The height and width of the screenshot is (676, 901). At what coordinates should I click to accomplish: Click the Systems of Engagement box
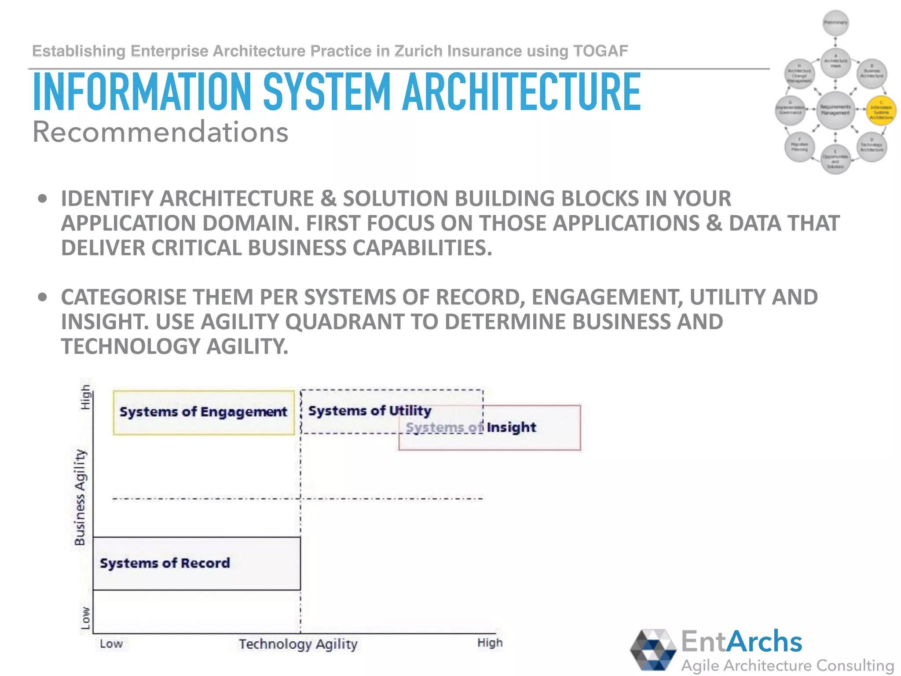203,412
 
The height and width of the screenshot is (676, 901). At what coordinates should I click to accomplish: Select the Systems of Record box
196,563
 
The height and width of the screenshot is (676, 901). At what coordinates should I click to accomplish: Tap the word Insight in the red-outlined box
511,427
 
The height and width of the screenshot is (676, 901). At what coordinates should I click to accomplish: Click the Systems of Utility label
370,411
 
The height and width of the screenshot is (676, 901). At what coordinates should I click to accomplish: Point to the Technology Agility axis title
298,644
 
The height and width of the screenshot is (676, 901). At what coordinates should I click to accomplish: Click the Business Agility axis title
80,497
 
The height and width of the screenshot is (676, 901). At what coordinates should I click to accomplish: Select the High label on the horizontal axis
490,643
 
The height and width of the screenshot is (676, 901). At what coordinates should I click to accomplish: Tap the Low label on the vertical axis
85,618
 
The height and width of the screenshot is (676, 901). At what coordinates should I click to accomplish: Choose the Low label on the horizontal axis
111,644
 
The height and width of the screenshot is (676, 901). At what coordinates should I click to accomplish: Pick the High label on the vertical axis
85,397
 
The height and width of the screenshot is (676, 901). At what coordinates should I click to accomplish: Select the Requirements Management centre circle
835,110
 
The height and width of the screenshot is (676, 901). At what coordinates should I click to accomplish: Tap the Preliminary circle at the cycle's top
835,22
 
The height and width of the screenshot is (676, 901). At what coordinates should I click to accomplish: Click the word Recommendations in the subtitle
161,132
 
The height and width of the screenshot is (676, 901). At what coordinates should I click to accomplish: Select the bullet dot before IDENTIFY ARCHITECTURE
42,198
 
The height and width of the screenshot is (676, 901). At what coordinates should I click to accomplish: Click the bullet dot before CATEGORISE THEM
42,297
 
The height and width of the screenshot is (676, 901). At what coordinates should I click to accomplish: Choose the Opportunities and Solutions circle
835,160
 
